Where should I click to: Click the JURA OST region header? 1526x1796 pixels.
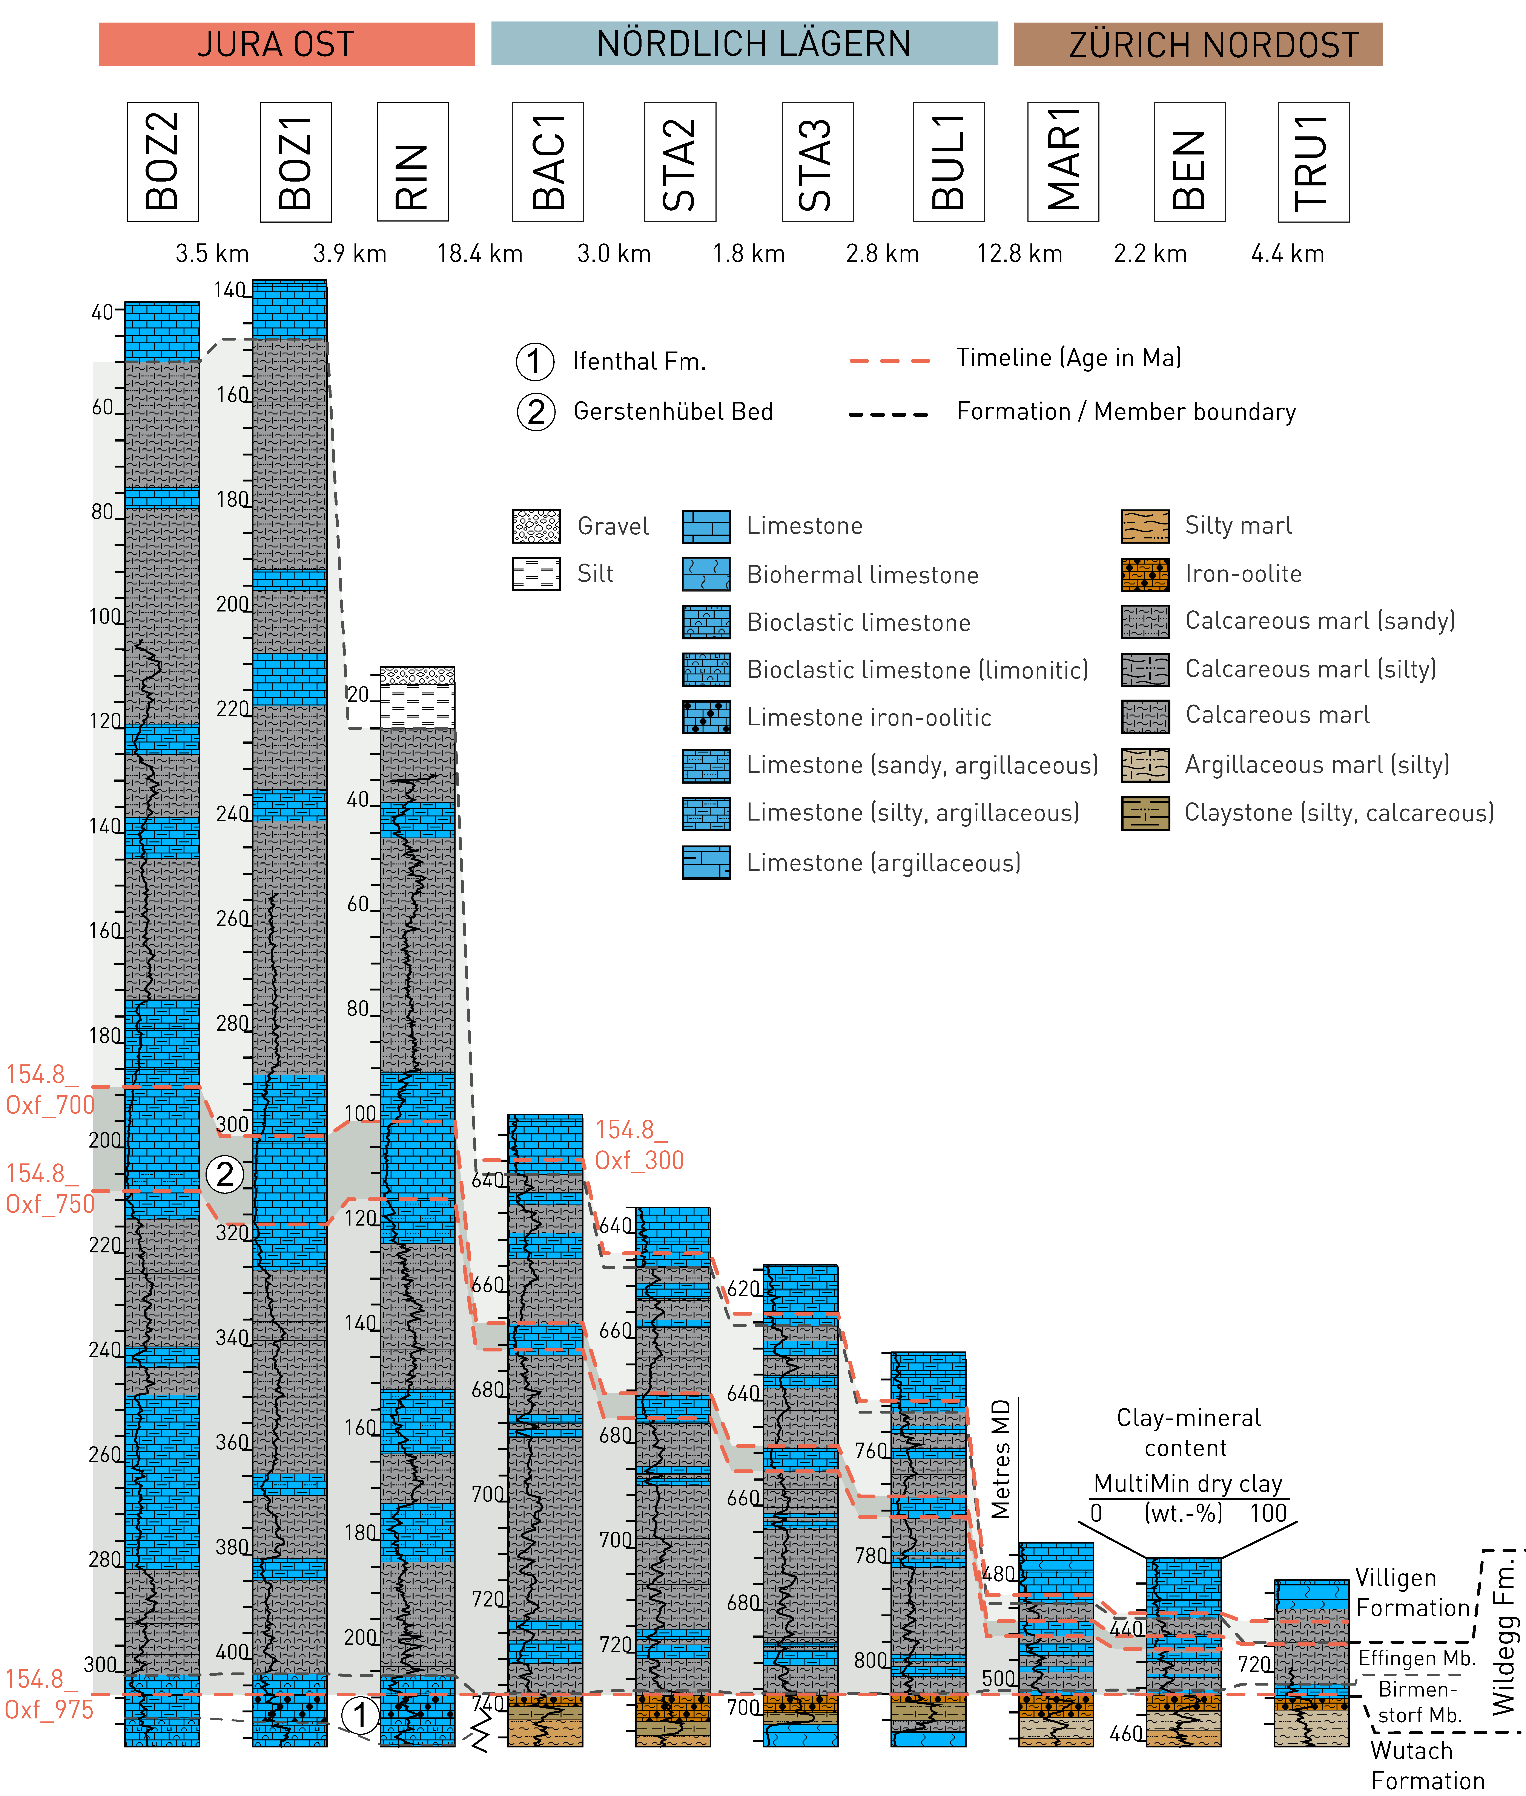(x=286, y=44)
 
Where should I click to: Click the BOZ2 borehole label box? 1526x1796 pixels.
(x=163, y=162)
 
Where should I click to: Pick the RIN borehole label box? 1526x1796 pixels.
(x=413, y=162)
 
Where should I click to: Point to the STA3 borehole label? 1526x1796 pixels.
(x=817, y=162)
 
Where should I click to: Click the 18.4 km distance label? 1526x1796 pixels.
(x=480, y=253)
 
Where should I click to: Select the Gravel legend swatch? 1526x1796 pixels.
(x=536, y=526)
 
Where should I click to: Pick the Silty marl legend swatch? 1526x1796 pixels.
(x=1145, y=526)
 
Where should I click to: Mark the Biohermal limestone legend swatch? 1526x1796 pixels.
(x=706, y=574)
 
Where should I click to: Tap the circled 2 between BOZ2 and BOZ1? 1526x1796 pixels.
(x=225, y=1174)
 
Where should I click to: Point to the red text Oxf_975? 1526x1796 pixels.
(x=49, y=1710)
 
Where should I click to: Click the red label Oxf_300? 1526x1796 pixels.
(x=639, y=1160)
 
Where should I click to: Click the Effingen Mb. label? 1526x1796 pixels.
(x=1416, y=1658)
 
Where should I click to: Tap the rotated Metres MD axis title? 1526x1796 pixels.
(x=1001, y=1460)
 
